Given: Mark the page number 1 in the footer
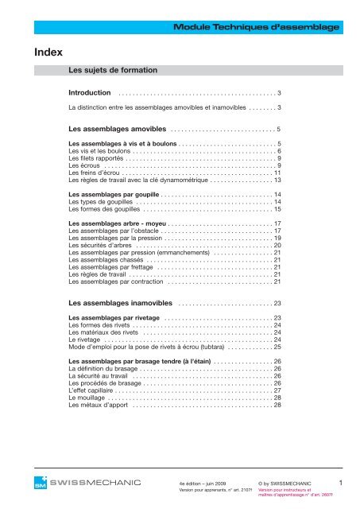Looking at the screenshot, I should (341, 483).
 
